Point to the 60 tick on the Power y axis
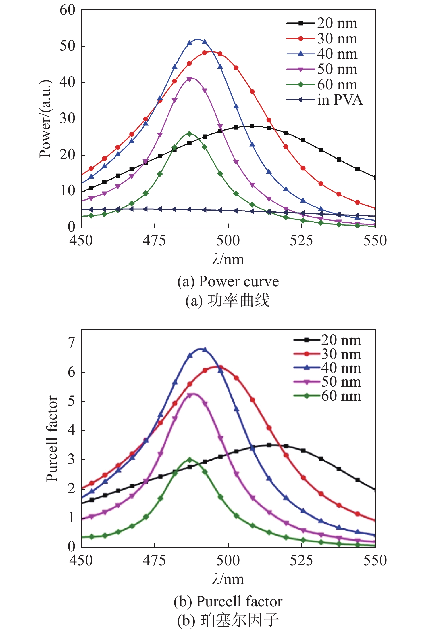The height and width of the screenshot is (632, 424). (68, 10)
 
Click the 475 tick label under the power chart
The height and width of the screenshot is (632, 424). (155, 240)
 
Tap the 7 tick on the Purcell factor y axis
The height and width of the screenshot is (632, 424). (71, 343)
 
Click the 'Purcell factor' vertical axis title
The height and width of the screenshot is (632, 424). (52, 438)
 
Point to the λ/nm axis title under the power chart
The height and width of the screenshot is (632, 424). (228, 259)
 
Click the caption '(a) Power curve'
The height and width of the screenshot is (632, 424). (228, 281)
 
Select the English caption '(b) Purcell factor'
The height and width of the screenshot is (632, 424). (228, 601)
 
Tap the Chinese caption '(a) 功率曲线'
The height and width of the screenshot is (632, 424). (228, 301)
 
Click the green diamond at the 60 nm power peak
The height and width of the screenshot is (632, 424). (189, 134)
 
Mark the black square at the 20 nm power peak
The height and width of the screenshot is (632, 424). (252, 126)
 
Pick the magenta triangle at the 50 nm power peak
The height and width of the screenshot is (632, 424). (189, 79)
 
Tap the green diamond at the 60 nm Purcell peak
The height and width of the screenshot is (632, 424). (190, 460)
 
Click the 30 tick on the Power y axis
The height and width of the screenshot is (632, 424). (68, 119)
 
